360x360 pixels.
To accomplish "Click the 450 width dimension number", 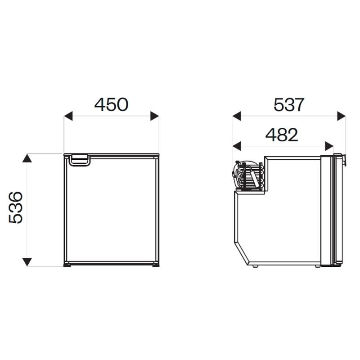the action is [x=111, y=105].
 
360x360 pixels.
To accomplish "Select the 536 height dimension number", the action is [x=16, y=207].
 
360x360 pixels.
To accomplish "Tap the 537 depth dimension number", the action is [x=289, y=105].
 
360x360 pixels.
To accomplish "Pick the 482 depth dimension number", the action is [x=282, y=135].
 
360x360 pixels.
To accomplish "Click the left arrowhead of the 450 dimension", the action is [x=68, y=116].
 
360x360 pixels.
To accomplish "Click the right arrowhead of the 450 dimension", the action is [x=154, y=116].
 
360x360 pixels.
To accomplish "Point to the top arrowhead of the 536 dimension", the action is [x=27, y=158].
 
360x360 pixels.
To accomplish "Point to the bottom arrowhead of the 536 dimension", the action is [x=27, y=262].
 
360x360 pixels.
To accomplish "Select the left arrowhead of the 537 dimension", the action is [x=237, y=116].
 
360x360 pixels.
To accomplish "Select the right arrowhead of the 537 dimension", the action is [x=342, y=116].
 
